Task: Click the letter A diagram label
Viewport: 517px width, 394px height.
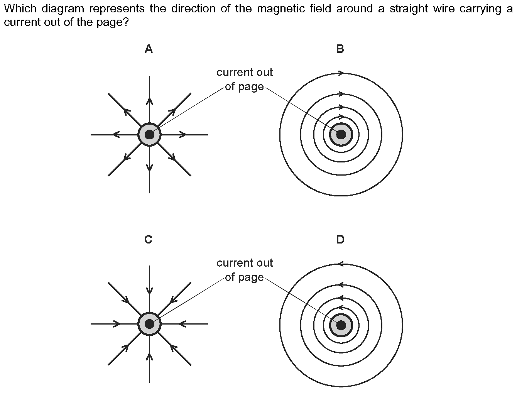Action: point(149,49)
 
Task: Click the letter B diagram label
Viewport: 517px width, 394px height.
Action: point(340,49)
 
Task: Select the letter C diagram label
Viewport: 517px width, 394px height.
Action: point(148,240)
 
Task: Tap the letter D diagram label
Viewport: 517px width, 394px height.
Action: point(340,240)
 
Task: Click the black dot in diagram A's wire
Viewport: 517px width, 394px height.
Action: point(149,135)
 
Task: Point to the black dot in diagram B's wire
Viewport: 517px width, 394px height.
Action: point(341,134)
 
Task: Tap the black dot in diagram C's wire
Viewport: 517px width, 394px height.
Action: point(149,324)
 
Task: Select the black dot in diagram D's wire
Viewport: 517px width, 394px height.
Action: point(341,325)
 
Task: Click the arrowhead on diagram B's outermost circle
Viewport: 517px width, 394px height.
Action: point(341,73)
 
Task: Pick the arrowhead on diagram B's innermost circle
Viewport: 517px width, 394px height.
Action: point(340,117)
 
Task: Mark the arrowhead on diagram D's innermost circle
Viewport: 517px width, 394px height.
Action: point(340,308)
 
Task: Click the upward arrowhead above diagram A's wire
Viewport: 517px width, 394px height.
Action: point(149,101)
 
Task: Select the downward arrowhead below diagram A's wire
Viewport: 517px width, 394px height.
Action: point(149,167)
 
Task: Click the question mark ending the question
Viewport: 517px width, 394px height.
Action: point(125,22)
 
